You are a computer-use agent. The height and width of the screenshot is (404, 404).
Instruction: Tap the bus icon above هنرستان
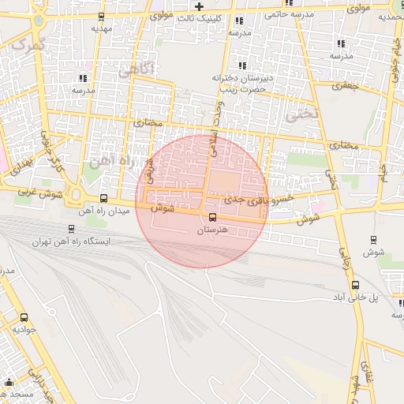pos(211,218)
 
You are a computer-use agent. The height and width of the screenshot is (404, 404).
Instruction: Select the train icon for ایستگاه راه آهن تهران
pos(72,229)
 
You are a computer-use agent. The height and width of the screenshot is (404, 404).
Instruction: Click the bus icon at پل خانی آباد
pos(355,286)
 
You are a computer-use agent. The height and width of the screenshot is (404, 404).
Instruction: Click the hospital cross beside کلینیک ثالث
pos(200,6)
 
